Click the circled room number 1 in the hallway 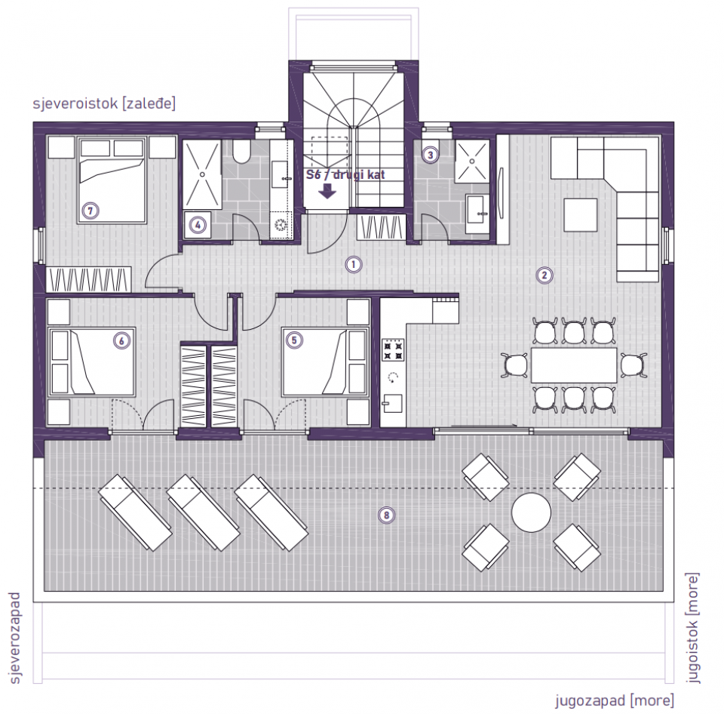pos(351,264)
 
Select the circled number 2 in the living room pos(543,275)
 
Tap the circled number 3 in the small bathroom pos(430,155)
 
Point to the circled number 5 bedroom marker pos(294,340)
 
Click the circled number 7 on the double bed pos(90,211)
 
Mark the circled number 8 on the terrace pos(386,515)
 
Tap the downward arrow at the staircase pos(327,191)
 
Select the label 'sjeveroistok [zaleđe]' pos(104,104)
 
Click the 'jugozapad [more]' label pos(615,700)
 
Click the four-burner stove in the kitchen pos(393,349)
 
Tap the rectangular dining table pos(573,365)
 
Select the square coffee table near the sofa pos(581,214)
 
